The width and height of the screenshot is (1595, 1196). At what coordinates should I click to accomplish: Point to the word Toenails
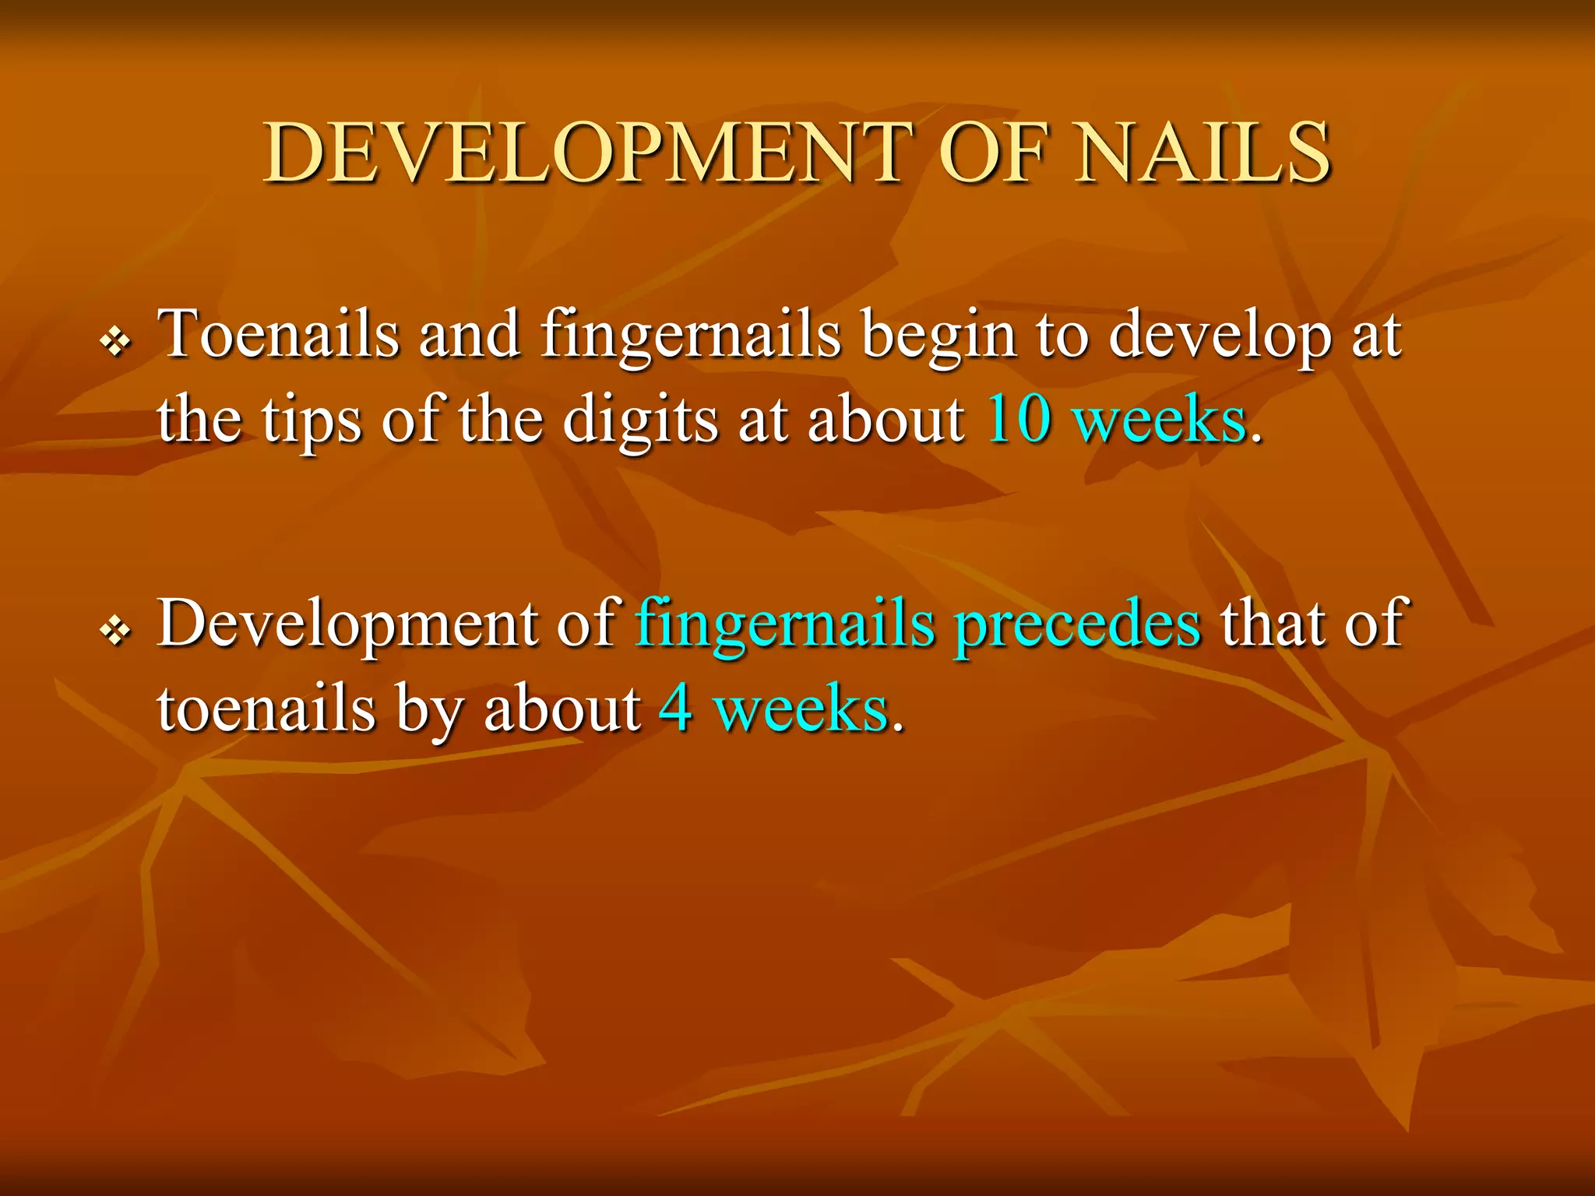(278, 335)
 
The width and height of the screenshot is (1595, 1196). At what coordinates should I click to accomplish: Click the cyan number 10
(1019, 420)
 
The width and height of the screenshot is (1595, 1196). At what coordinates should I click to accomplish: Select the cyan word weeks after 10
(1160, 420)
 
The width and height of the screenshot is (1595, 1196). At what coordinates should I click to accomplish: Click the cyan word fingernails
(785, 624)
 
